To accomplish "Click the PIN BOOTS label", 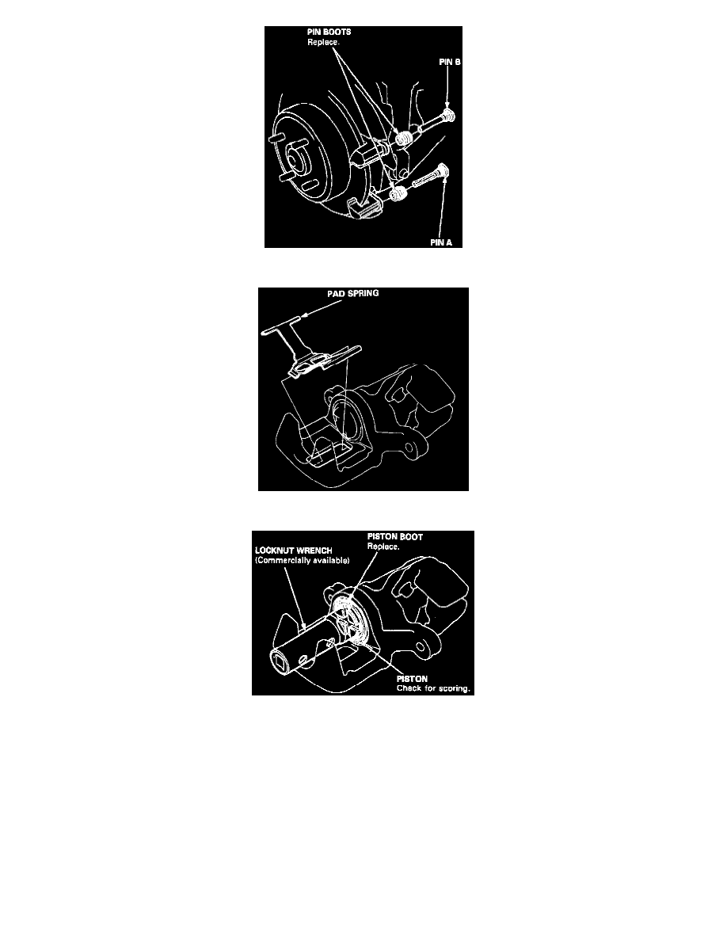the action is click(329, 32).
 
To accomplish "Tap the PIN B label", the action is click(449, 62).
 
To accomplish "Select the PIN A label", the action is click(441, 242).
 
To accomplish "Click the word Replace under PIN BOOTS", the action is click(323, 42).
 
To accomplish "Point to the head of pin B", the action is click(449, 114).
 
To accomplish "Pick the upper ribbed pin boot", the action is click(404, 138).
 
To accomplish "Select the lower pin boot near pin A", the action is click(398, 195).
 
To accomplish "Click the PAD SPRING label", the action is click(352, 293).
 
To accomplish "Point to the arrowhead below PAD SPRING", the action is click(303, 314).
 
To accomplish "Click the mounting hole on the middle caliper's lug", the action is click(412, 448).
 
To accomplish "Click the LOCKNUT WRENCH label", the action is click(293, 551).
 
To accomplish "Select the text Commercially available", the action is click(303, 561).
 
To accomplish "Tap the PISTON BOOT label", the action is click(394, 537).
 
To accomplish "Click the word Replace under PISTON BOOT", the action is click(383, 547).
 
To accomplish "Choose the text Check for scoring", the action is click(433, 688).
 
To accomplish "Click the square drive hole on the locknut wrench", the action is click(280, 662).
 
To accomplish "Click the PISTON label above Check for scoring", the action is click(412, 679).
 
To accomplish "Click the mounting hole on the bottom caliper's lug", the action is click(425, 649).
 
